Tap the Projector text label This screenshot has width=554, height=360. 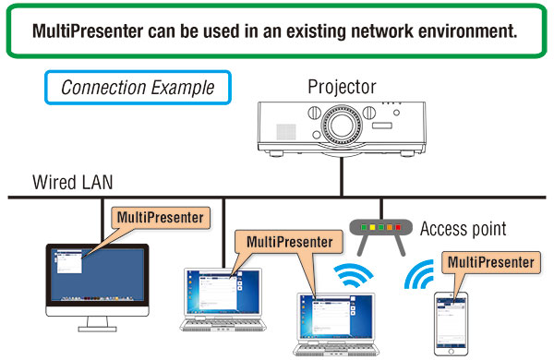343,87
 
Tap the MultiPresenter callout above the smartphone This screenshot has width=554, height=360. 489,262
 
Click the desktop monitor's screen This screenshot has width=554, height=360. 96,276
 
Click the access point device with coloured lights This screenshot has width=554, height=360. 380,231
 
